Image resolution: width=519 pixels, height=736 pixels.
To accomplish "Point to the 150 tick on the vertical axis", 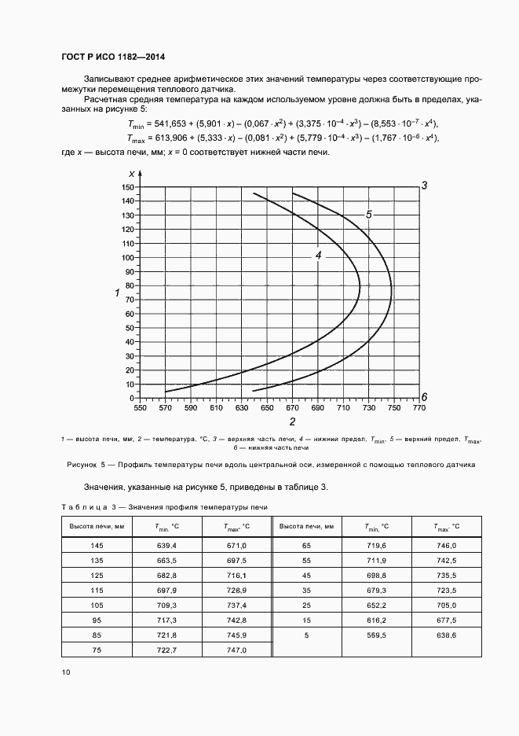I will [x=128, y=187].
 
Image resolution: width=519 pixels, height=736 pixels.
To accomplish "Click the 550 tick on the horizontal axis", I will [x=140, y=409].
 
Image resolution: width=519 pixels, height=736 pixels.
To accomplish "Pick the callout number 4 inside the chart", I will [x=319, y=256].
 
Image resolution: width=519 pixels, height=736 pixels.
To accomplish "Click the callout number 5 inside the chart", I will [x=367, y=214].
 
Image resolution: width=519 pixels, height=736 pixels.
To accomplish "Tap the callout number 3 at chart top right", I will [x=423, y=186].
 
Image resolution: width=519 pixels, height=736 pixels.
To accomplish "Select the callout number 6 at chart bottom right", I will [x=423, y=396].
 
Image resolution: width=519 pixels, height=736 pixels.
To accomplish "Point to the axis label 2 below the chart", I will [x=291, y=422].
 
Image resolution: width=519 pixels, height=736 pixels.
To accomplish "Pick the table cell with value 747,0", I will [x=236, y=650].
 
